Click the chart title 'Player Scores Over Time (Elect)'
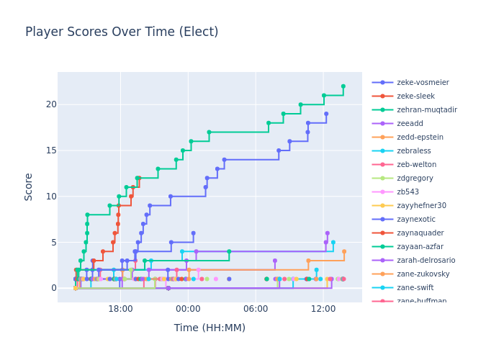click(122, 32)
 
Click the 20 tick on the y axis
click(50, 104)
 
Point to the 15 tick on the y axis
click(50, 150)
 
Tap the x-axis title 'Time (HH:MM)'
click(210, 328)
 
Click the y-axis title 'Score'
click(29, 186)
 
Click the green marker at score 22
click(343, 86)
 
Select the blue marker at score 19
click(325, 114)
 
